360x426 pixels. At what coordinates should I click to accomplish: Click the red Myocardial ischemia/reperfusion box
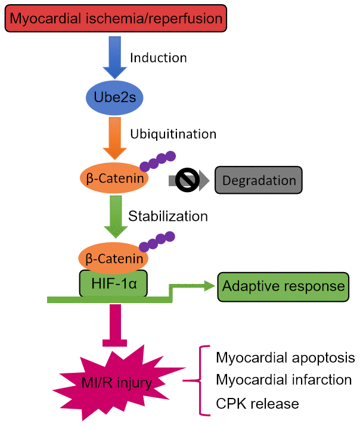click(x=116, y=19)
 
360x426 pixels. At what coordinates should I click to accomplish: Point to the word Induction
click(x=158, y=58)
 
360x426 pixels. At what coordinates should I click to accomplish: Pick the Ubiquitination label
click(x=172, y=133)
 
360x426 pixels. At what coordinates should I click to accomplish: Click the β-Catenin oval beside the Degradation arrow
click(x=113, y=177)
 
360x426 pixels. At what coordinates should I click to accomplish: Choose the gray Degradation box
click(x=259, y=180)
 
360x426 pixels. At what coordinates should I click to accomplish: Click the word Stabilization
click(x=168, y=215)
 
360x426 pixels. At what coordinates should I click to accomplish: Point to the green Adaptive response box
click(x=283, y=286)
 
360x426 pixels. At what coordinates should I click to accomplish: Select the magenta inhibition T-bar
click(x=113, y=325)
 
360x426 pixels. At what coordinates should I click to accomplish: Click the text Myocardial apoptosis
click(x=285, y=358)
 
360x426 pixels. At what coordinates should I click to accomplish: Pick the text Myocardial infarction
click(x=283, y=380)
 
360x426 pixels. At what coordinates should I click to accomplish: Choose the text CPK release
click(x=256, y=403)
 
